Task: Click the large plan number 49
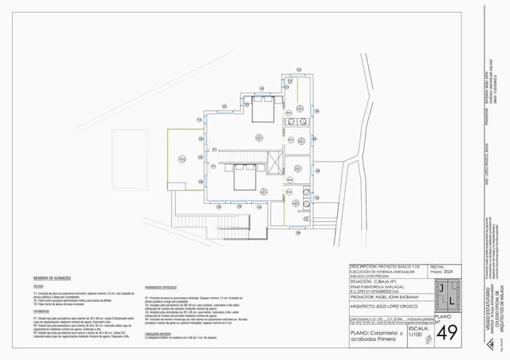(x=447, y=331)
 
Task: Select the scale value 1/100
(x=414, y=335)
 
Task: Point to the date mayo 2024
(x=441, y=272)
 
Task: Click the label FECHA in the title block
(x=438, y=267)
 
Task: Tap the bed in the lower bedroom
(x=240, y=176)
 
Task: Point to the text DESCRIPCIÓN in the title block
(x=366, y=267)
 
